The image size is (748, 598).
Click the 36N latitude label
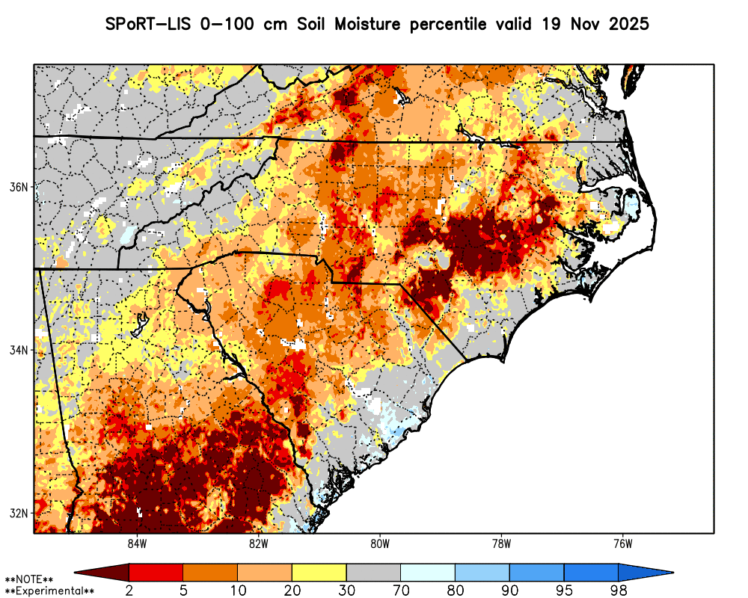tap(19, 187)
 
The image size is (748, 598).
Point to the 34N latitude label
tap(19, 350)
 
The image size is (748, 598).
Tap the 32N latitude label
tap(19, 514)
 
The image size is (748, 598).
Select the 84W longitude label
tap(137, 543)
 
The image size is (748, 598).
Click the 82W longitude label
tap(258, 543)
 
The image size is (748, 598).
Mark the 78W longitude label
tap(501, 543)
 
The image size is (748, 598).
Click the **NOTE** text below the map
tap(29, 579)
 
